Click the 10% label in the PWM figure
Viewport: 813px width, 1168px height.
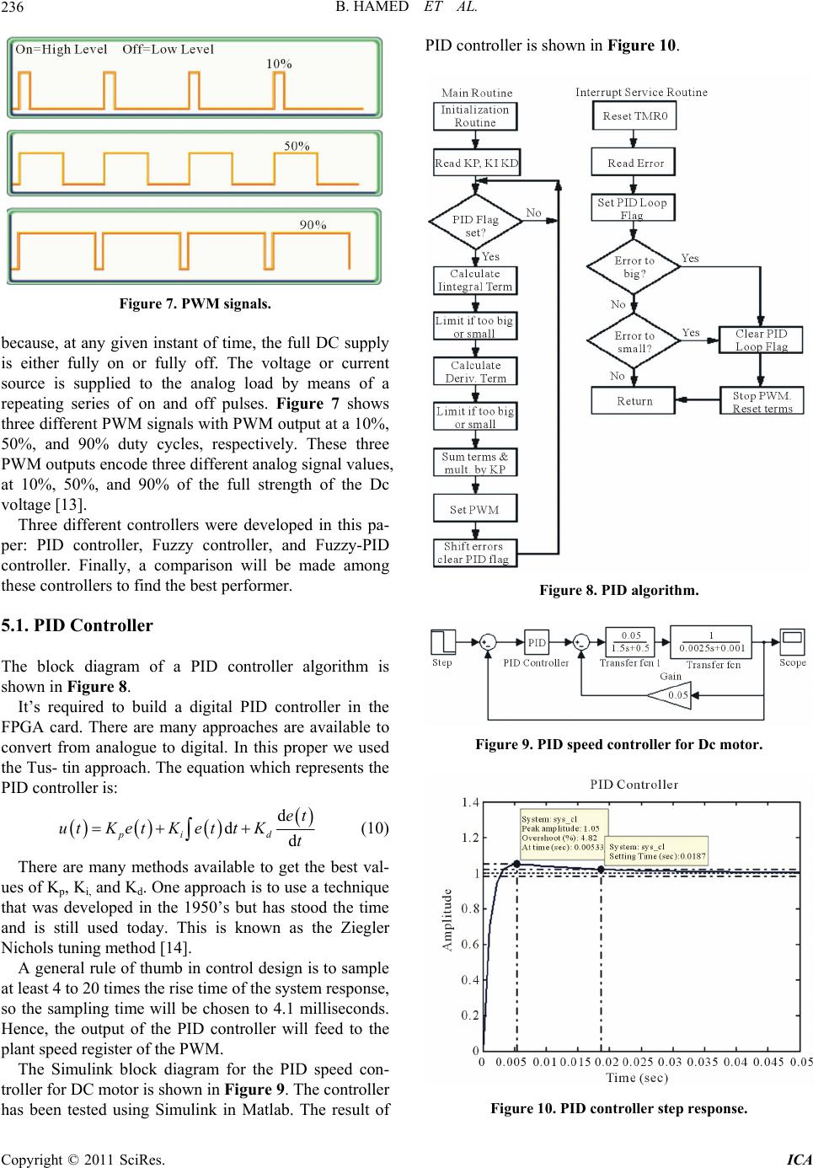pos(279,63)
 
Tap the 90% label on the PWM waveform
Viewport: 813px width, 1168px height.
pos(313,225)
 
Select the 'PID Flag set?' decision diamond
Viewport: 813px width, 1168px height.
pos(475,221)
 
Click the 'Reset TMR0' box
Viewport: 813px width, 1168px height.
pos(634,115)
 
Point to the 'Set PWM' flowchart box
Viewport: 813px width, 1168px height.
pos(475,509)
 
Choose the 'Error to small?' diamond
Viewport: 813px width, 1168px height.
pos(634,341)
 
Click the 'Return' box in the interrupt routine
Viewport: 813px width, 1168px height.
pos(634,400)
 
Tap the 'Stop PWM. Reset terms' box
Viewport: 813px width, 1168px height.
pos(762,400)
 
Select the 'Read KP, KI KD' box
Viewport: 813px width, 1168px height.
pos(476,163)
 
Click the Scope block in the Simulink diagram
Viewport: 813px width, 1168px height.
pos(792,641)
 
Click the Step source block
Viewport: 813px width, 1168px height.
pos(443,642)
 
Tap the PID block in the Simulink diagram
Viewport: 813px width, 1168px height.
pos(537,642)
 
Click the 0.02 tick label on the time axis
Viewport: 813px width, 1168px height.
pos(607,1062)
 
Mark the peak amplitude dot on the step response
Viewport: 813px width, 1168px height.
pos(517,864)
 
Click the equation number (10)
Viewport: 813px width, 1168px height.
pos(375,828)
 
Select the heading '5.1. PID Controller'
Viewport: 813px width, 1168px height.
pos(78,625)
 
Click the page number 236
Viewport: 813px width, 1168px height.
pos(12,7)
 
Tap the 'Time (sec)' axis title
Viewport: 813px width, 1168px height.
pos(637,1077)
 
